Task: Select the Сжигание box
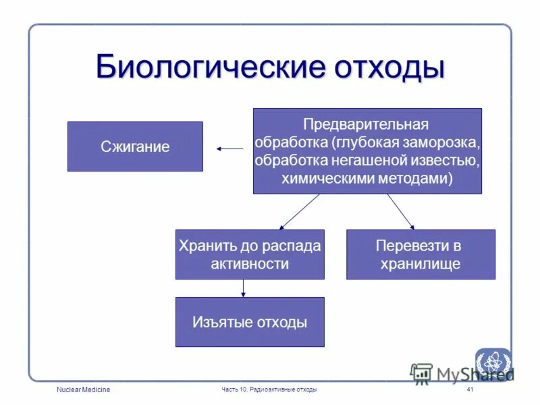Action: click(x=135, y=146)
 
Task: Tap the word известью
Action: click(x=448, y=161)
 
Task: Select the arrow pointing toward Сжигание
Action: click(x=230, y=148)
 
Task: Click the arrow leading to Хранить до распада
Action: click(x=299, y=212)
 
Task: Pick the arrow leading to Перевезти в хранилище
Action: click(x=400, y=212)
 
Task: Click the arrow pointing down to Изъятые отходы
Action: click(x=243, y=288)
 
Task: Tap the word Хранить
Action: click(x=203, y=246)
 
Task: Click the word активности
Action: click(x=250, y=264)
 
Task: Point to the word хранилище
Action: click(x=420, y=264)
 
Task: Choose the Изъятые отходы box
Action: click(x=250, y=322)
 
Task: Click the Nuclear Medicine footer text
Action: click(x=84, y=390)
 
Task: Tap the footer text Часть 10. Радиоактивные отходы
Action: click(x=269, y=390)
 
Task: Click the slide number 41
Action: click(x=470, y=390)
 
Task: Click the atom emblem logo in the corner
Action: click(x=493, y=363)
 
